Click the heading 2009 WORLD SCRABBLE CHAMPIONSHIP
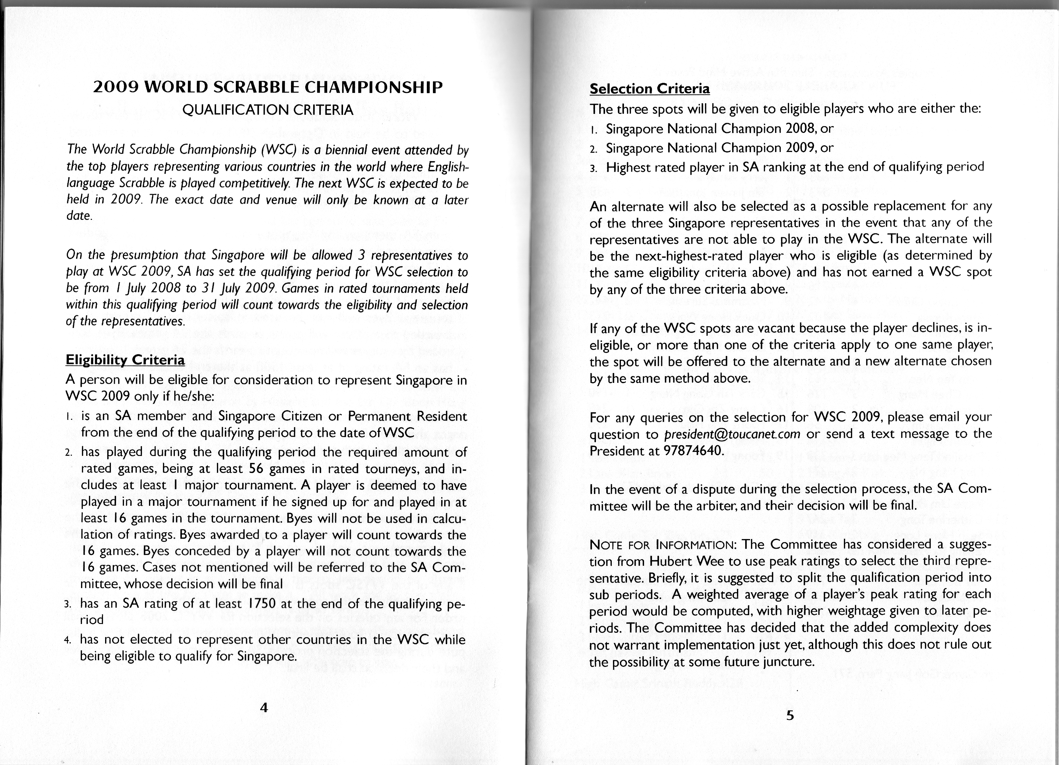pyautogui.click(x=267, y=87)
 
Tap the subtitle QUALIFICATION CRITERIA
pyautogui.click(x=267, y=110)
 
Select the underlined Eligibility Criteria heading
pyautogui.click(x=125, y=360)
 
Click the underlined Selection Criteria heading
pyautogui.click(x=650, y=89)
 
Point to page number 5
pyautogui.click(x=790, y=715)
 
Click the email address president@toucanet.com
pyautogui.click(x=732, y=434)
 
